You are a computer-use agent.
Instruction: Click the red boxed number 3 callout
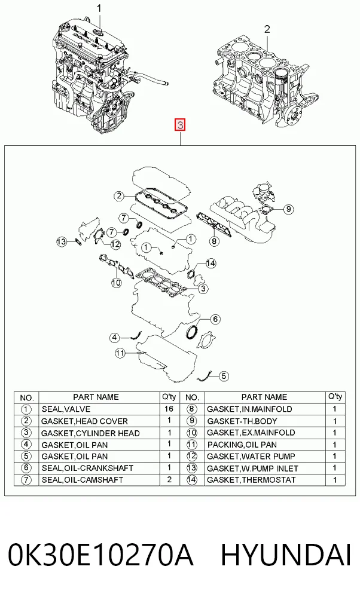[180, 125]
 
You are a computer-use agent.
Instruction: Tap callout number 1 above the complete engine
[99, 8]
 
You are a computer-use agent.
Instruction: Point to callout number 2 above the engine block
[267, 29]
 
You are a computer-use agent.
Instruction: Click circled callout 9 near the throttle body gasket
[288, 209]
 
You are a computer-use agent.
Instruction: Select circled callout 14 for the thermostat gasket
[211, 264]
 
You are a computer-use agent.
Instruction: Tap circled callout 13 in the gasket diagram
[61, 241]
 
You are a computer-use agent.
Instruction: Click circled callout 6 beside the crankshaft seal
[215, 319]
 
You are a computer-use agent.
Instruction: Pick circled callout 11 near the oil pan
[120, 353]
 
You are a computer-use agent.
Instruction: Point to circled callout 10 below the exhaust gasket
[117, 283]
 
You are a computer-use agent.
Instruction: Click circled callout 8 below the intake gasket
[214, 241]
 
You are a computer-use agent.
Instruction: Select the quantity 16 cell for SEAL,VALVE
[169, 409]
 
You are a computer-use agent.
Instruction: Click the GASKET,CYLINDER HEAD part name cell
[99, 433]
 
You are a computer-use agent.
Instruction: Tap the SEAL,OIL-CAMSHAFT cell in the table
[99, 480]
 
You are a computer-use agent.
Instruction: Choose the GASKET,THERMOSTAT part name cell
[265, 480]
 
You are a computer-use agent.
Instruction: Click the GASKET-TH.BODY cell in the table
[265, 421]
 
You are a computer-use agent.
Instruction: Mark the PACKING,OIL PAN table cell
[265, 445]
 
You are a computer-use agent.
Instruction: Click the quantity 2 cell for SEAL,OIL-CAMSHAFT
[169, 480]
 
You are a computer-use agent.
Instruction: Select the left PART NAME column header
[96, 397]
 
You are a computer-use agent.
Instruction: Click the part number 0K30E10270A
[100, 555]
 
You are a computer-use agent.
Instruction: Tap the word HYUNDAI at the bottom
[286, 555]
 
